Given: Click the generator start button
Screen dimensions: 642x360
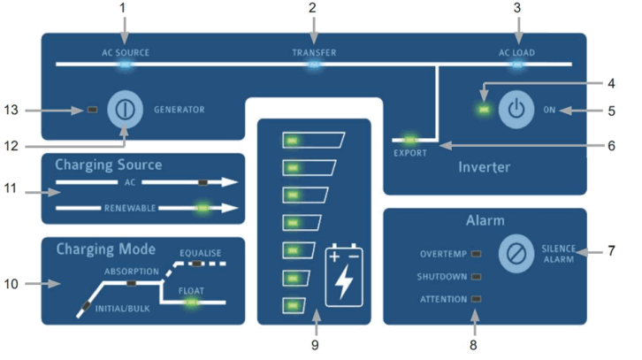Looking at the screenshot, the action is coord(125,110).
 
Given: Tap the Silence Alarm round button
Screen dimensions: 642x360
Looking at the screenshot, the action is coord(516,254).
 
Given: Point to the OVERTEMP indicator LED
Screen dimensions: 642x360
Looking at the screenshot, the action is coord(476,254).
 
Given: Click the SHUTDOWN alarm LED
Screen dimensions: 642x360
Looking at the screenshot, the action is coord(476,277).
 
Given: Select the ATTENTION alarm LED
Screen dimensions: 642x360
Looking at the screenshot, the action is coord(476,299).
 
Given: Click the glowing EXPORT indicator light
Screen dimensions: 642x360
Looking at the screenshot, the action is coord(409,140).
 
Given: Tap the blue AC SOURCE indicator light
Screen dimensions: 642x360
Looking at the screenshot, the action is coord(125,65).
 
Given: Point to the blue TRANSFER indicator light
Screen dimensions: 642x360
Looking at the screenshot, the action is coord(314,65).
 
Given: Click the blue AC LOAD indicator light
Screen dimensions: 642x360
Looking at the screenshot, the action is coord(517,65).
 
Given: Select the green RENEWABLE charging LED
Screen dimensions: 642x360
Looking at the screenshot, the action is coord(203,208).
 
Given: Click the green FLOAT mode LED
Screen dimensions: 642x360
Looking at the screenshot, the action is coord(191,303).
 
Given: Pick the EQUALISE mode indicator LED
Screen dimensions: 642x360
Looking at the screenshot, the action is coord(197,264).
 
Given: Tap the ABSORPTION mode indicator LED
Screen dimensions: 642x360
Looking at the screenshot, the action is coord(131,283).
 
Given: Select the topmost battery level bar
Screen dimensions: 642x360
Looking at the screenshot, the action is coord(314,140).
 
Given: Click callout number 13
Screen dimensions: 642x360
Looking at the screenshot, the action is coord(11,110).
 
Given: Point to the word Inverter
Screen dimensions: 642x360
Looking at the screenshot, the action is coord(484,166).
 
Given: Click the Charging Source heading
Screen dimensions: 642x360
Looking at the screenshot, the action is coord(109,165).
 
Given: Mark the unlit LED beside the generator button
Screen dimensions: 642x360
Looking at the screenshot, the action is coord(93,110).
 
